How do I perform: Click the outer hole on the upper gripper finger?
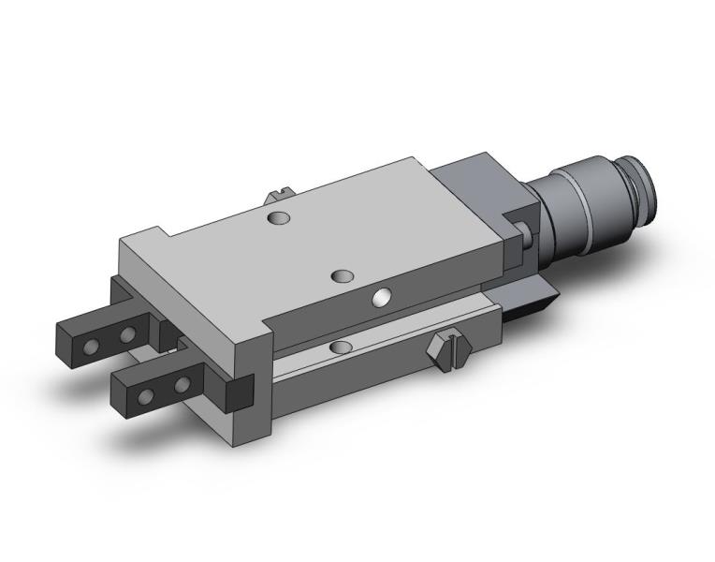[x=92, y=347]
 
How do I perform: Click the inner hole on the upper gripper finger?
[x=124, y=335]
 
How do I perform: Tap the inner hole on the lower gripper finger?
[x=180, y=385]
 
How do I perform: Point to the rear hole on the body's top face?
[x=277, y=218]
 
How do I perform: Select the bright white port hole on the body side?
[x=382, y=298]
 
